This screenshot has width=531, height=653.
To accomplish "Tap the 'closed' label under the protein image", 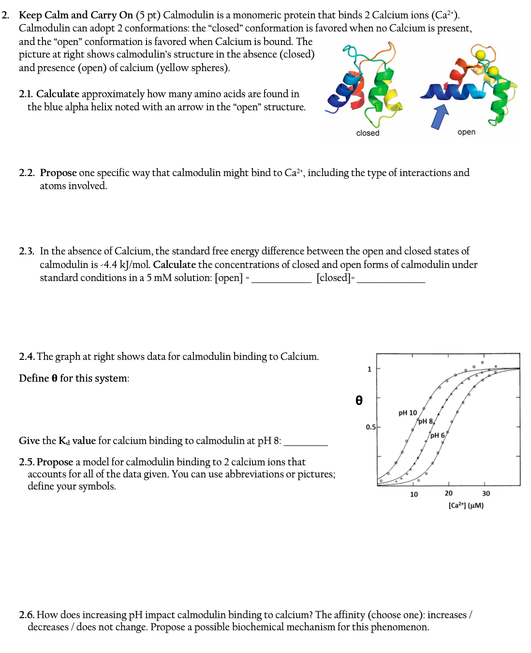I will (368, 133).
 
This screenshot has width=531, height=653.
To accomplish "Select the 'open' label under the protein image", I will (466, 132).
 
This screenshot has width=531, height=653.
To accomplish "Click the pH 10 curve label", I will (407, 413).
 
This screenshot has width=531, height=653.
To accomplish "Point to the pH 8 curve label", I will (426, 421).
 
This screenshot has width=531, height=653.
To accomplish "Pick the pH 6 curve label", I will (437, 435).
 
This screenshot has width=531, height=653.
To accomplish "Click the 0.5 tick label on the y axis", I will (370, 427).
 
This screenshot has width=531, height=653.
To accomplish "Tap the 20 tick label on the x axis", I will (448, 493).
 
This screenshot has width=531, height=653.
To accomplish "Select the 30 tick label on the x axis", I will (486, 493).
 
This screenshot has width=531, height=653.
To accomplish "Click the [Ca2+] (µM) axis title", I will (466, 505).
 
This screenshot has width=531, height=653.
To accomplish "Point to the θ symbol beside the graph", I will (359, 401).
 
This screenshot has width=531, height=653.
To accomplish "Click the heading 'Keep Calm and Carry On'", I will (76, 15).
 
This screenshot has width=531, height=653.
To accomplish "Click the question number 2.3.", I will (26, 251).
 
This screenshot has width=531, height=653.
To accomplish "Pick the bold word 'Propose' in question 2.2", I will (58, 173).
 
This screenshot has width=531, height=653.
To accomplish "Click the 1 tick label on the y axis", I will (369, 369).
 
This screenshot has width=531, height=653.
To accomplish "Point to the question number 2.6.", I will (26, 615).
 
